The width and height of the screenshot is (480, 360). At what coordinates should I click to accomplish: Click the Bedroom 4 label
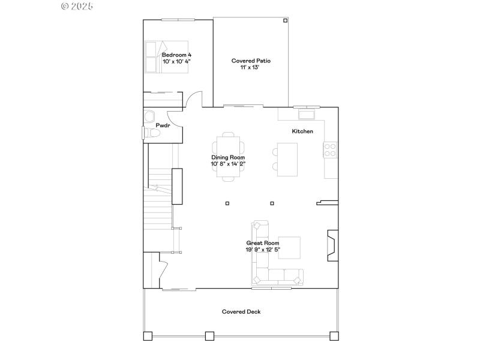point(176,55)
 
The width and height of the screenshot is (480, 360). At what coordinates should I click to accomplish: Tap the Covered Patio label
point(251,61)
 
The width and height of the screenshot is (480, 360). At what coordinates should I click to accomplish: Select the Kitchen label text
point(302,131)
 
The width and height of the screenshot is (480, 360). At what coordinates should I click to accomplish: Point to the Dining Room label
point(228,157)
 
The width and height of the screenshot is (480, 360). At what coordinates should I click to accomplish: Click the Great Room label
point(263,243)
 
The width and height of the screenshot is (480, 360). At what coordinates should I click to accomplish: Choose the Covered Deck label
point(241,311)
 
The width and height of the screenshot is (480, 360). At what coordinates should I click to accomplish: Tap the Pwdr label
point(163,125)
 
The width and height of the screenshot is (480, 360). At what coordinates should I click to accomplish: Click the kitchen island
point(287,160)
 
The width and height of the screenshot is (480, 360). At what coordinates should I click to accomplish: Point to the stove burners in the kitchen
point(331,150)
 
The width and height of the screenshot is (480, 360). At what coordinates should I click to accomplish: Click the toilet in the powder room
point(149,134)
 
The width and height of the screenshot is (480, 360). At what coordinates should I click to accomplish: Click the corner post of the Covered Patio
point(286,20)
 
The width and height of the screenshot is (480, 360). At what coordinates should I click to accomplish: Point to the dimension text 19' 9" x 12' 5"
point(263,249)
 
